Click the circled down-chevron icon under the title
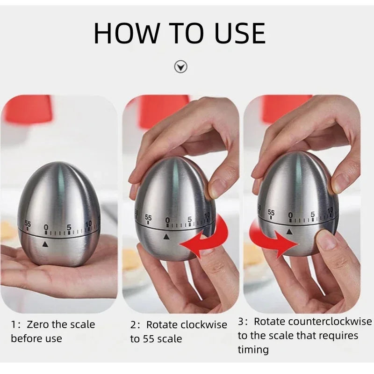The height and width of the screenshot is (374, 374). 181,67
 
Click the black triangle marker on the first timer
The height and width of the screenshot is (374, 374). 45,244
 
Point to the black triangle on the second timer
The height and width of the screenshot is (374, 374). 166,237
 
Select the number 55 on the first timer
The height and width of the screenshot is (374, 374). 28,224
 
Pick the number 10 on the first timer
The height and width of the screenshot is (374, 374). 88,224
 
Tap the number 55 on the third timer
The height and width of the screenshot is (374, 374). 271,213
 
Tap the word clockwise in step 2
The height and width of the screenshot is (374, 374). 204,324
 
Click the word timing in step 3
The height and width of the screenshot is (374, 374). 253,349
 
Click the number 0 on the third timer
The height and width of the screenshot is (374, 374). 290,215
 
